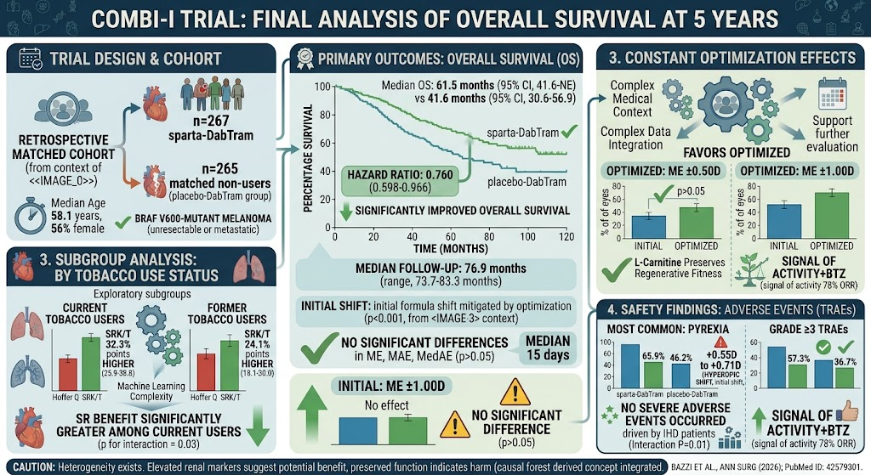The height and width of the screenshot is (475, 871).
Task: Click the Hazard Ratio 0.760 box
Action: click(x=400, y=181)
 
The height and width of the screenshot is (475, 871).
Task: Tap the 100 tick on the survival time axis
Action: click(x=527, y=237)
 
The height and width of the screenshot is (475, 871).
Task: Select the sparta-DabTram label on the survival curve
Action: click(x=523, y=133)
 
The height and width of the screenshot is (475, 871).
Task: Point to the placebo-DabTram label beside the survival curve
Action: click(x=527, y=182)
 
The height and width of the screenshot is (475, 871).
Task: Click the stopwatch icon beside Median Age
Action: click(x=30, y=215)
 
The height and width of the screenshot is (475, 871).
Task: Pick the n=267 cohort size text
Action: click(x=211, y=121)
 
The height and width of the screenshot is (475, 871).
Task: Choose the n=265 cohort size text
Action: click(x=219, y=169)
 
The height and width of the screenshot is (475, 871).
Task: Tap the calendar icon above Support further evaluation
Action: click(x=832, y=94)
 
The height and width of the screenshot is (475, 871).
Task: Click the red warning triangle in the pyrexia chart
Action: click(x=720, y=342)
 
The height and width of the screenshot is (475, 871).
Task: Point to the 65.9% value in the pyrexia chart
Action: click(x=654, y=356)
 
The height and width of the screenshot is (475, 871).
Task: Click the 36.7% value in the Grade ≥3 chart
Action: click(x=845, y=362)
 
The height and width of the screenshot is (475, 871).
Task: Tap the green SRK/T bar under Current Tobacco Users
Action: click(x=91, y=364)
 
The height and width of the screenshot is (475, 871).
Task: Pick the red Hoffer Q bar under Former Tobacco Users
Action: click(x=206, y=372)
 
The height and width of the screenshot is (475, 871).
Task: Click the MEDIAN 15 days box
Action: click(x=548, y=348)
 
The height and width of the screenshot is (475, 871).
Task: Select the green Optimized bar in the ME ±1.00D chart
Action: click(x=832, y=216)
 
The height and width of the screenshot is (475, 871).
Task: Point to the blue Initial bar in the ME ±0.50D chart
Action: click(x=649, y=228)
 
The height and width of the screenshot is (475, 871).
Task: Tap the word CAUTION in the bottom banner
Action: click(x=34, y=467)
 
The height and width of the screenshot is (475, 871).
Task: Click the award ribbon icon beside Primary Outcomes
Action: click(x=305, y=59)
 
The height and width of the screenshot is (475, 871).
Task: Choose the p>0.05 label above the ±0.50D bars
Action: click(x=691, y=191)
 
